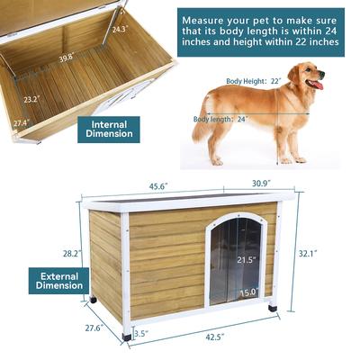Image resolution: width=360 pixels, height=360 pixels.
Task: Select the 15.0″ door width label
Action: [247, 292]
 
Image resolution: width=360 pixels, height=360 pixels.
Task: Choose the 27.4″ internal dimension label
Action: [20, 121]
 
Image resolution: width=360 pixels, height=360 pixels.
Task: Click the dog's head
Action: [310, 78]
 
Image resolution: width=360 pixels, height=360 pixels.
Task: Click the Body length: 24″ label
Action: [219, 118]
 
